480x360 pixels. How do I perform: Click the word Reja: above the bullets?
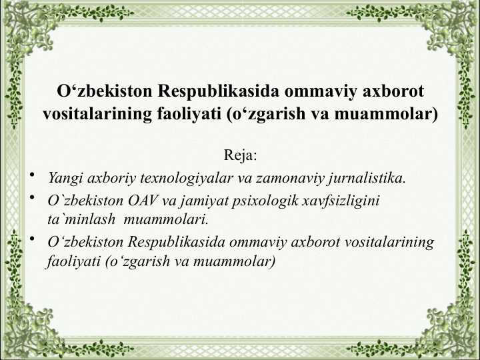240,155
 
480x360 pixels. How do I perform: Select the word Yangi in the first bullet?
65,179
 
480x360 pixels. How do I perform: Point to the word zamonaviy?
290,179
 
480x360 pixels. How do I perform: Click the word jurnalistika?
367,179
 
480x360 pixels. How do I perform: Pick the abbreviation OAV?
143,201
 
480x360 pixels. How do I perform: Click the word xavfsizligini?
341,201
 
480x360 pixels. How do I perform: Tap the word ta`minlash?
81,219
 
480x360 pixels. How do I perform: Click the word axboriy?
111,179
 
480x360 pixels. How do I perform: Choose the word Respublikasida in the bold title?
218,91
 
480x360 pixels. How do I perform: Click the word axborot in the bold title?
393,91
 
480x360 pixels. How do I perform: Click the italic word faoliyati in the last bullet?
73,261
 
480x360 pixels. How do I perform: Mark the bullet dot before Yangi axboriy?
32,175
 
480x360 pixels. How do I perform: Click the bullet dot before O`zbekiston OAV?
32,197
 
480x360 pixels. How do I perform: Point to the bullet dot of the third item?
32,239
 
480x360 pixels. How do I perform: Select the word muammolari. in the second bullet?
166,219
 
